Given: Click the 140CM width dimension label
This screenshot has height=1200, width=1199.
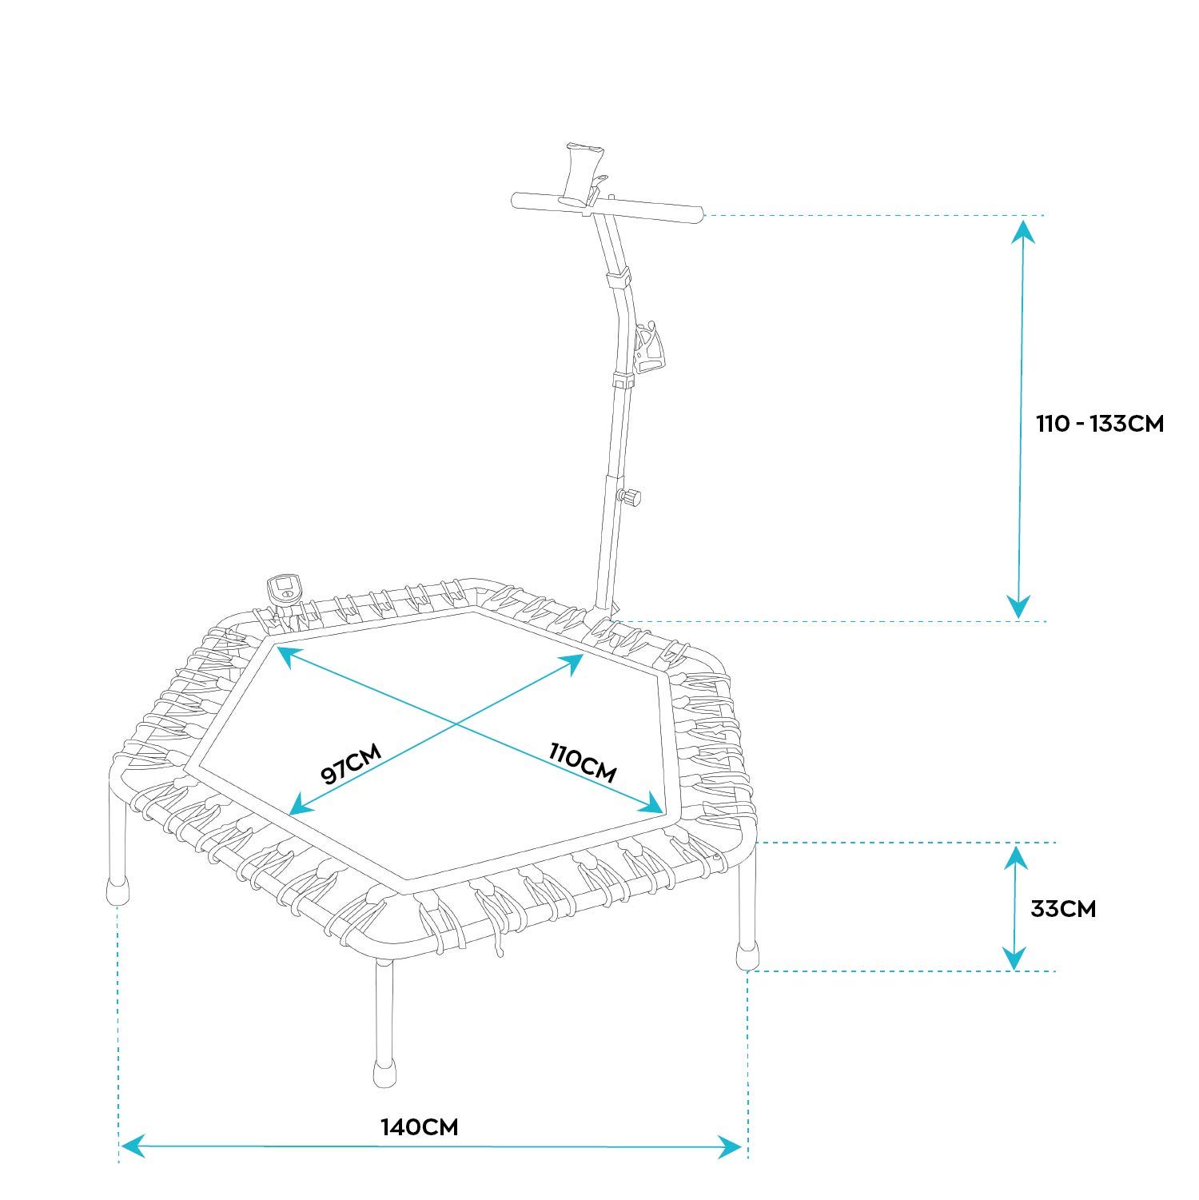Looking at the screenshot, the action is (x=420, y=1127).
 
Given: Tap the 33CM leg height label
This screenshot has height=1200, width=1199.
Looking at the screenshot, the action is (x=1063, y=909).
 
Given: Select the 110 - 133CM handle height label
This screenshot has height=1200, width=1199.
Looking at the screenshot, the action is (x=1100, y=424).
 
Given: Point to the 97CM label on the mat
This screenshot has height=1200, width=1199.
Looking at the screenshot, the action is (x=352, y=763).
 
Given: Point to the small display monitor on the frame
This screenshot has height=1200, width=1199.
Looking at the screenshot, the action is (x=283, y=592).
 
